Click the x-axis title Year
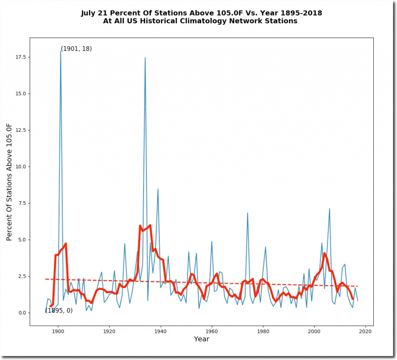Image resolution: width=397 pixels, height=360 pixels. coord(202,339)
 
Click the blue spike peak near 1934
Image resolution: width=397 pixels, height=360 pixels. coord(145,58)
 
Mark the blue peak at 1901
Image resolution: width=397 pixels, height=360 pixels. coord(61,50)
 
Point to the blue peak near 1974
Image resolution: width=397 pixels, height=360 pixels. coord(247,213)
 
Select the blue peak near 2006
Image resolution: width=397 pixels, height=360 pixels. coord(330,209)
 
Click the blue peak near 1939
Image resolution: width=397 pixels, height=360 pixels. coord(158,189)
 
